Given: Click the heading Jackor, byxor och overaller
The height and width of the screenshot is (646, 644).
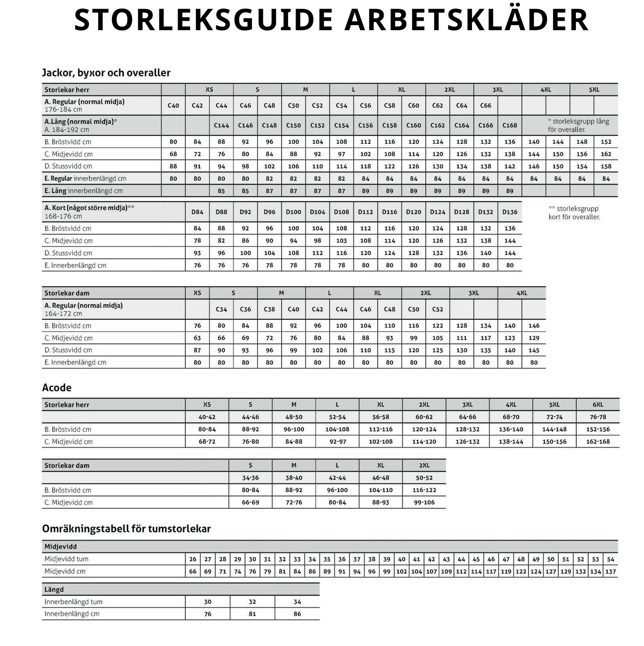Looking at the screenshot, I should pyautogui.click(x=106, y=73).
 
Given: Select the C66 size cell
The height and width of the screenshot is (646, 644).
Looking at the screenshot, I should pyautogui.click(x=486, y=106).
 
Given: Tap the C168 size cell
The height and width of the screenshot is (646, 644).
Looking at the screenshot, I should pyautogui.click(x=510, y=125).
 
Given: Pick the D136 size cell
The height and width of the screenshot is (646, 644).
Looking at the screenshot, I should pyautogui.click(x=510, y=212).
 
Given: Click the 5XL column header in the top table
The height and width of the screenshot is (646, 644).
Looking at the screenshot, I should pyautogui.click(x=594, y=90).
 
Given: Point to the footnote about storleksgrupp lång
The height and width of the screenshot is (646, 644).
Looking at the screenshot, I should pyautogui.click(x=578, y=125).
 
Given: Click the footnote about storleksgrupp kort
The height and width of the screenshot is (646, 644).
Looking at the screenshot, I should pyautogui.click(x=574, y=213).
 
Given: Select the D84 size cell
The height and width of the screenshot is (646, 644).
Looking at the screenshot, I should pyautogui.click(x=197, y=212).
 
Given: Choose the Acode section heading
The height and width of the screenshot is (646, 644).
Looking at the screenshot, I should pyautogui.click(x=57, y=387).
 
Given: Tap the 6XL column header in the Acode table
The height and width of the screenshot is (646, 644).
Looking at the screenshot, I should pyautogui.click(x=598, y=405).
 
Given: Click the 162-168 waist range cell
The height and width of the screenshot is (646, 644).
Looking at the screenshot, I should pyautogui.click(x=598, y=441).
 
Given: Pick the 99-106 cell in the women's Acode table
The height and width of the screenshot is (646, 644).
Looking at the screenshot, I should pyautogui.click(x=424, y=502).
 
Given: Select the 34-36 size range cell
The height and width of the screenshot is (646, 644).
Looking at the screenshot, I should pyautogui.click(x=250, y=478).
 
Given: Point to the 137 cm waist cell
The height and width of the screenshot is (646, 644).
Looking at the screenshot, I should pyautogui.click(x=611, y=571).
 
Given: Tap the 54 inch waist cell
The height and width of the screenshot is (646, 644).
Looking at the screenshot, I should pyautogui.click(x=611, y=559).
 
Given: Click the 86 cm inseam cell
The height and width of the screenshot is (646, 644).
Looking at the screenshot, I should pyautogui.click(x=297, y=614).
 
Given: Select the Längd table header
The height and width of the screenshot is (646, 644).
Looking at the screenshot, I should pyautogui.click(x=54, y=589).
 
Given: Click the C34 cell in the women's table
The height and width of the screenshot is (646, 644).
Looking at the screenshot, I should pyautogui.click(x=221, y=309).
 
